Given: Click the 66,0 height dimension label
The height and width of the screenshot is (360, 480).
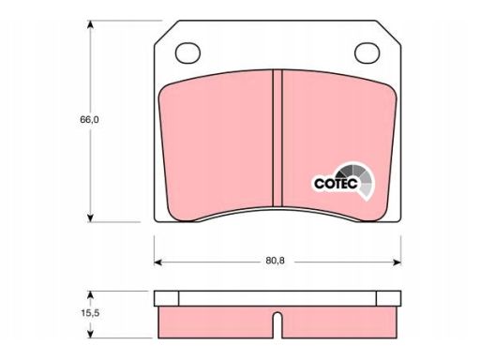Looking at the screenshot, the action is [x=89, y=119].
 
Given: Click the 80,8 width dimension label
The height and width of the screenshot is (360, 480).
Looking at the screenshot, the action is [x=275, y=261].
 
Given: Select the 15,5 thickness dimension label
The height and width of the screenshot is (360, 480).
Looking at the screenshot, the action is [x=90, y=312].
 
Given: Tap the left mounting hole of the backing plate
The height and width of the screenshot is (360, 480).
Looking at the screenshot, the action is [x=187, y=52].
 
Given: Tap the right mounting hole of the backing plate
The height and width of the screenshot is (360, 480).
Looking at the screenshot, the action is [x=367, y=52].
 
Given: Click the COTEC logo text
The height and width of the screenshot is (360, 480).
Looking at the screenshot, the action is [x=336, y=184].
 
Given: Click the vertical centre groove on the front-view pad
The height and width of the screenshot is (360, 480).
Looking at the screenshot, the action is [x=277, y=138].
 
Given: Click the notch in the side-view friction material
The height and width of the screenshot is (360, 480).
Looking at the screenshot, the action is [x=277, y=325].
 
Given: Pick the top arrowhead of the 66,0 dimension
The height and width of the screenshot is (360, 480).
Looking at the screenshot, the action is [x=90, y=24].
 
